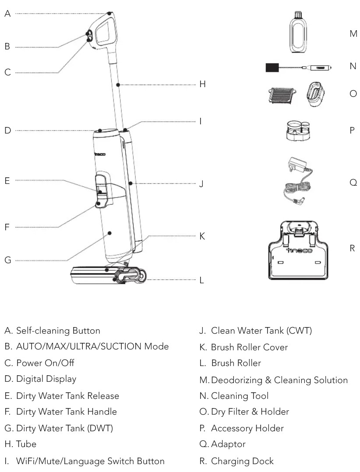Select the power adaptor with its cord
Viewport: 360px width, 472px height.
pyautogui.click(x=297, y=180)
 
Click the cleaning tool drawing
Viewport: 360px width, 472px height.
pyautogui.click(x=298, y=67)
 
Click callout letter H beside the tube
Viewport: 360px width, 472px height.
pyautogui.click(x=202, y=84)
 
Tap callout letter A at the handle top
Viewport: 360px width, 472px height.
pyautogui.click(x=7, y=14)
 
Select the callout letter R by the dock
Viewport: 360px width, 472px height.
pyautogui.click(x=352, y=248)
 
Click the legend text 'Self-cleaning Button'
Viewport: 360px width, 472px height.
pyautogui.click(x=58, y=331)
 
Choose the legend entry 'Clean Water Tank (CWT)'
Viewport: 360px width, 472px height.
pyautogui.click(x=261, y=331)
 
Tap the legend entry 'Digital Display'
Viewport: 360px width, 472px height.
pyautogui.click(x=46, y=379)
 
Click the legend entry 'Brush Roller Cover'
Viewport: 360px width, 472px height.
pyautogui.click(x=249, y=347)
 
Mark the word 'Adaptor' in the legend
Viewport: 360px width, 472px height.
pyautogui.click(x=228, y=444)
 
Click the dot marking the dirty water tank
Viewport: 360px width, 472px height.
pyautogui.click(x=109, y=233)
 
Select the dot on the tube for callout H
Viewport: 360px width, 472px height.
pyautogui.click(x=118, y=84)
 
